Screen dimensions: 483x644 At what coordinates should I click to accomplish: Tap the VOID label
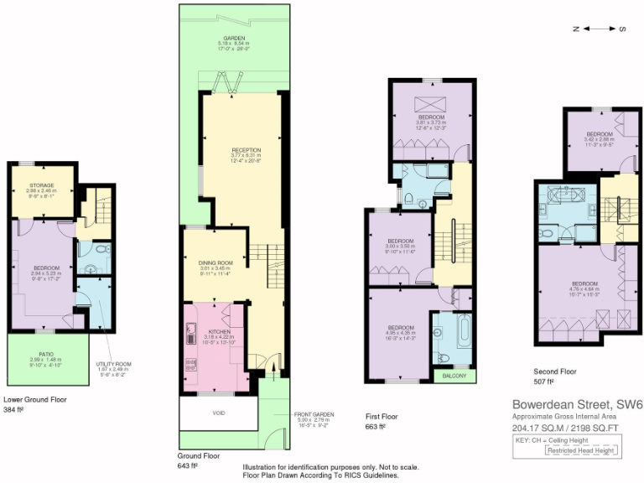point(218,413)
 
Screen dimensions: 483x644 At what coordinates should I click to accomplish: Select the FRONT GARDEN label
point(314,414)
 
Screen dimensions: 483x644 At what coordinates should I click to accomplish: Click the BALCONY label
point(454,376)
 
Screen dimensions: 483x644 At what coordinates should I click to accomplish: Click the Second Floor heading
point(554,370)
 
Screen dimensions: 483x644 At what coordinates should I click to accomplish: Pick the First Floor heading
point(382,416)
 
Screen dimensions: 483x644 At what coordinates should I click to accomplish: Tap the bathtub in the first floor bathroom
point(443,332)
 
